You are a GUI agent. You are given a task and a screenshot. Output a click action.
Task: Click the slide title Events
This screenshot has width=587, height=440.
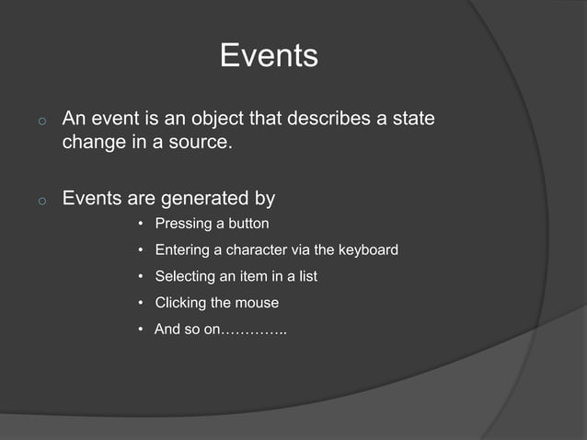click(x=269, y=57)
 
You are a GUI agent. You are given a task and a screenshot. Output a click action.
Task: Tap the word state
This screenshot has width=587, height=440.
click(x=413, y=120)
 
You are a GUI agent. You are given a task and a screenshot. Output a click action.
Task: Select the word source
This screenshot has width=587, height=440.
click(x=197, y=145)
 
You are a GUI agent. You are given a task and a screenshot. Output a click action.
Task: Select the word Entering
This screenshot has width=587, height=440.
click(x=182, y=250)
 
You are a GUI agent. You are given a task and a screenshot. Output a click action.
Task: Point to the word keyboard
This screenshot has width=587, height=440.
click(x=368, y=250)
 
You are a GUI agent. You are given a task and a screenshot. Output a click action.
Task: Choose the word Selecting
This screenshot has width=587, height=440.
click(x=186, y=276)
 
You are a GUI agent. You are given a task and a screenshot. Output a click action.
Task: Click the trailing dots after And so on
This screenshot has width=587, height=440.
click(x=254, y=330)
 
